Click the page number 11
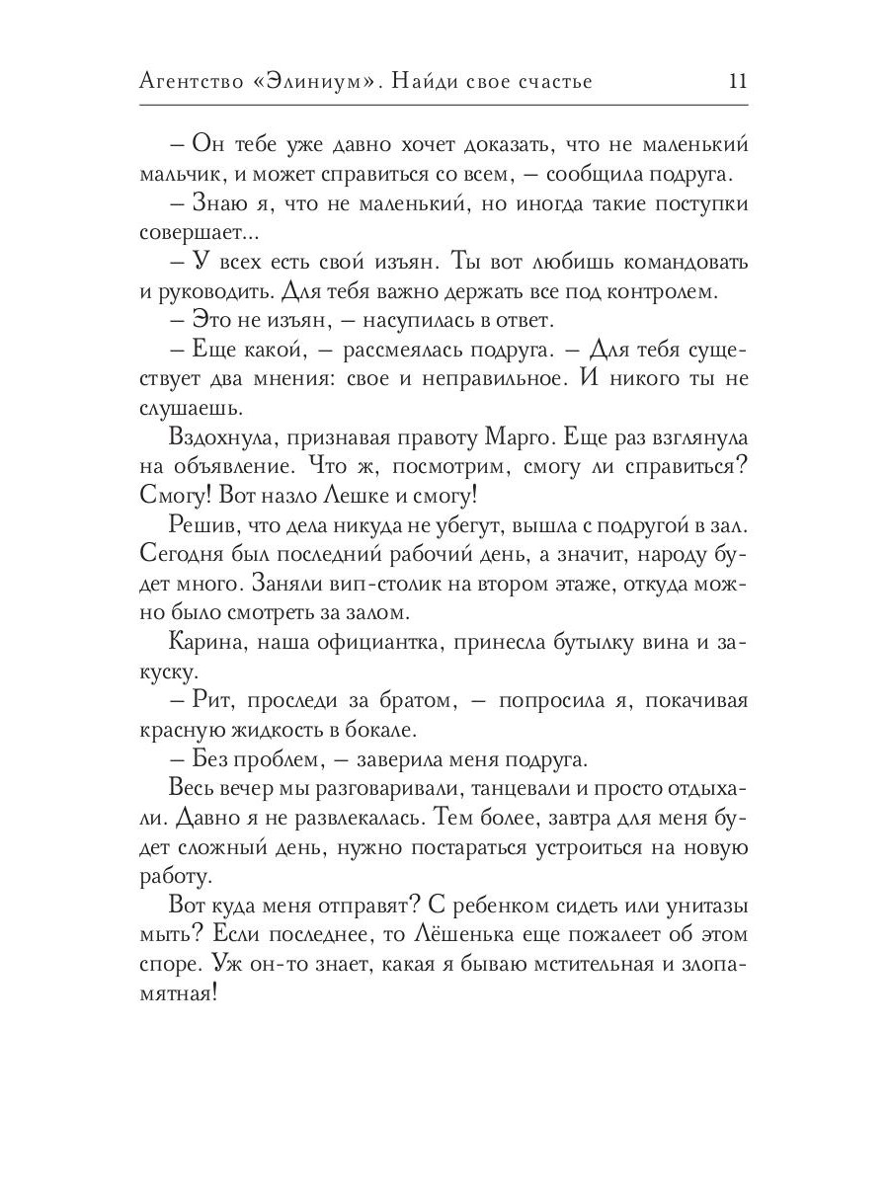click(x=737, y=82)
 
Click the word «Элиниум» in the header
click(x=318, y=82)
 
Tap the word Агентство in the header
click(x=191, y=82)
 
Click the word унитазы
click(x=701, y=907)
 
